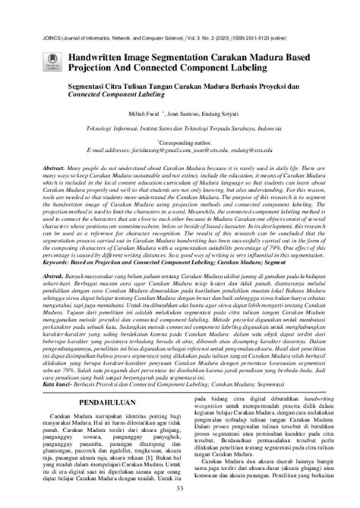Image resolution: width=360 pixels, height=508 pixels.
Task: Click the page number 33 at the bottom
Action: (180, 497)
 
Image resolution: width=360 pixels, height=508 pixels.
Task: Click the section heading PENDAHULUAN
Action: (97, 395)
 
